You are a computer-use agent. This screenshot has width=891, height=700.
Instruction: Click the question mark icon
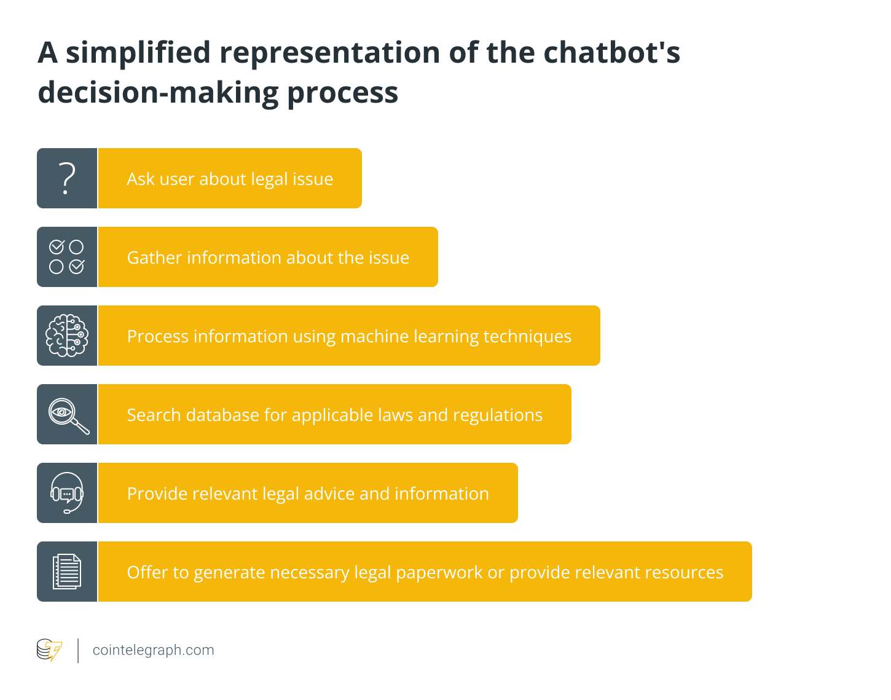(x=67, y=178)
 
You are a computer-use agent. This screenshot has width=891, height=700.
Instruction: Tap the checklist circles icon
(x=67, y=257)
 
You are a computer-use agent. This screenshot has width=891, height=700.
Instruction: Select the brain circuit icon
(x=67, y=336)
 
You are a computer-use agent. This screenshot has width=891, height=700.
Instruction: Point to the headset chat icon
(x=67, y=493)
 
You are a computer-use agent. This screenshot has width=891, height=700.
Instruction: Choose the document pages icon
(x=67, y=572)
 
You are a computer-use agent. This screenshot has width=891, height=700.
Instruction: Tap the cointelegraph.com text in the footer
(x=153, y=650)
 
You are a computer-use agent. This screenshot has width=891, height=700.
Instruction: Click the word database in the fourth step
(x=222, y=415)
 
